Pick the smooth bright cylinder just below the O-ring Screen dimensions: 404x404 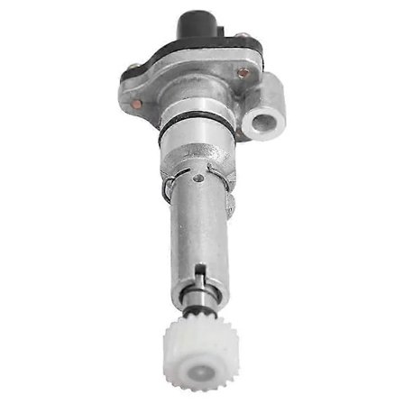click(196, 149)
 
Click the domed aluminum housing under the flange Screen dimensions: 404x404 click(194, 99)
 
